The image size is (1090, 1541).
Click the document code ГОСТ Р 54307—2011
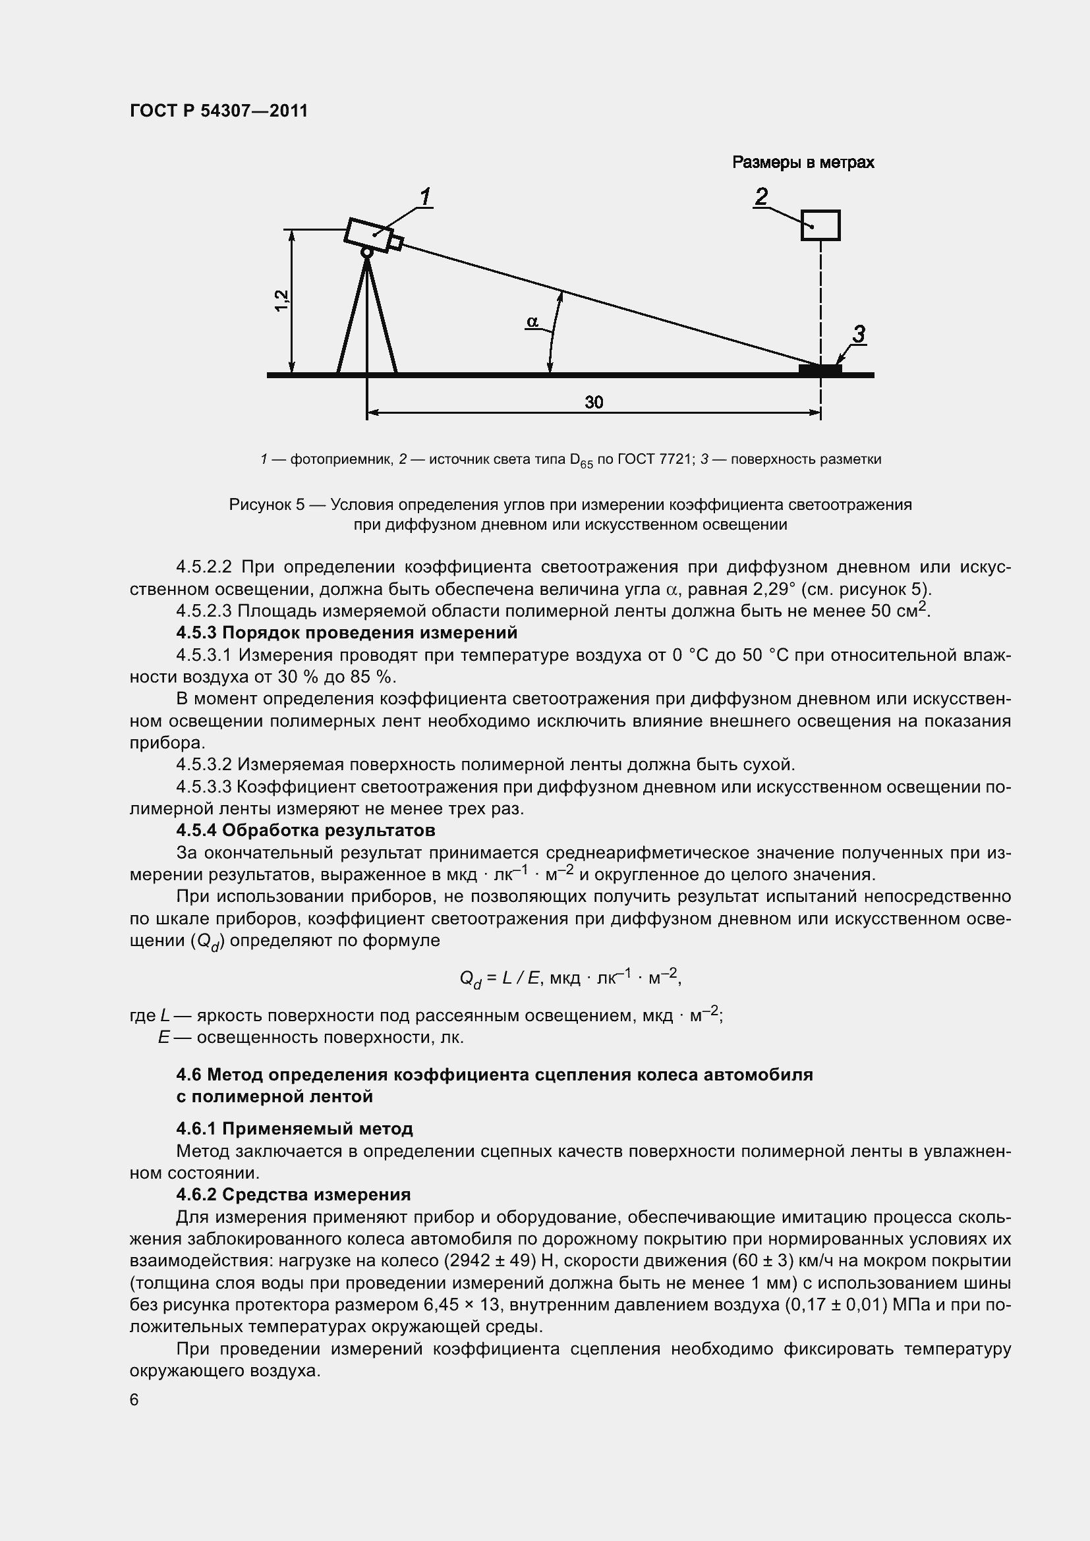pyautogui.click(x=219, y=111)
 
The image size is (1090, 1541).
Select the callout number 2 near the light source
pyautogui.click(x=761, y=196)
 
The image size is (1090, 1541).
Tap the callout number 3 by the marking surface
pyautogui.click(x=859, y=333)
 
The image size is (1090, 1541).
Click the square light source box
pyautogui.click(x=820, y=225)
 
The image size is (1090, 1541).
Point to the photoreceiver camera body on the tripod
pyautogui.click(x=368, y=235)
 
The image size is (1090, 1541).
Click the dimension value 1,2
pyautogui.click(x=282, y=299)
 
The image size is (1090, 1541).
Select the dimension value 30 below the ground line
pyautogui.click(x=593, y=402)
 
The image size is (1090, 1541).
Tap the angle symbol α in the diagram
pyautogui.click(x=532, y=322)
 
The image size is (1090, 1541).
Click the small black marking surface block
pyautogui.click(x=820, y=368)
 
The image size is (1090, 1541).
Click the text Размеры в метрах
pyautogui.click(x=803, y=163)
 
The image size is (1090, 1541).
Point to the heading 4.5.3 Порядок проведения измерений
pyautogui.click(x=347, y=633)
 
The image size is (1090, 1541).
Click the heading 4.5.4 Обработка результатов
pyautogui.click(x=305, y=830)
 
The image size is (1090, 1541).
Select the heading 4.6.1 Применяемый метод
pyautogui.click(x=295, y=1128)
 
